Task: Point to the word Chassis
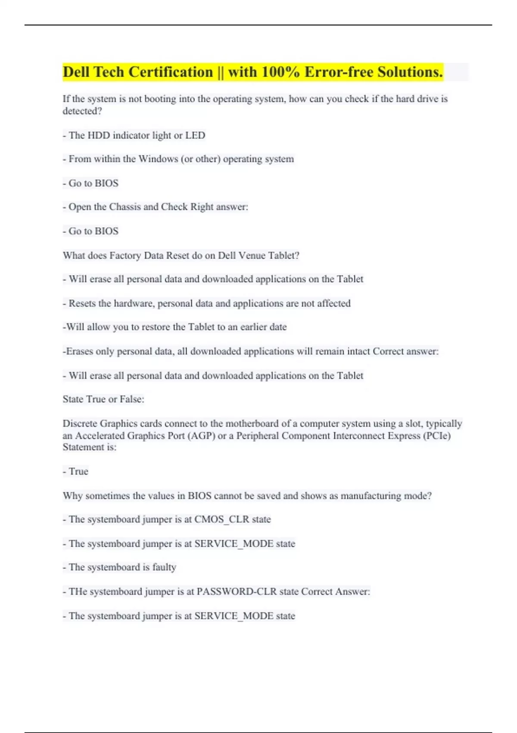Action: (125, 207)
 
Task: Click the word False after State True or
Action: (131, 399)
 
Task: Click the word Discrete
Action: (80, 423)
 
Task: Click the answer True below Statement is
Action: (78, 471)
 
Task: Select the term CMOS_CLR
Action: (221, 520)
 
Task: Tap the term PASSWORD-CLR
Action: (237, 592)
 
